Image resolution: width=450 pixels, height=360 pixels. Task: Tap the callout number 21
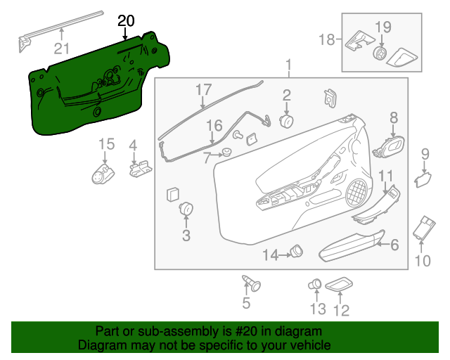coord(63,48)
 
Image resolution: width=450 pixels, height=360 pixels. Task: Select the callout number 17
coord(203,90)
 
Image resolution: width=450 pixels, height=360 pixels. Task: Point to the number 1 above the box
coord(288,67)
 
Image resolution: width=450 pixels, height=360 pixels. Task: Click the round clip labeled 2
coord(287,121)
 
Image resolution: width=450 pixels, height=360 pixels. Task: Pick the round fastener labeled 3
coord(186,208)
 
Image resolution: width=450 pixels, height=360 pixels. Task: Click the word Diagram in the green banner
coord(99,346)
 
